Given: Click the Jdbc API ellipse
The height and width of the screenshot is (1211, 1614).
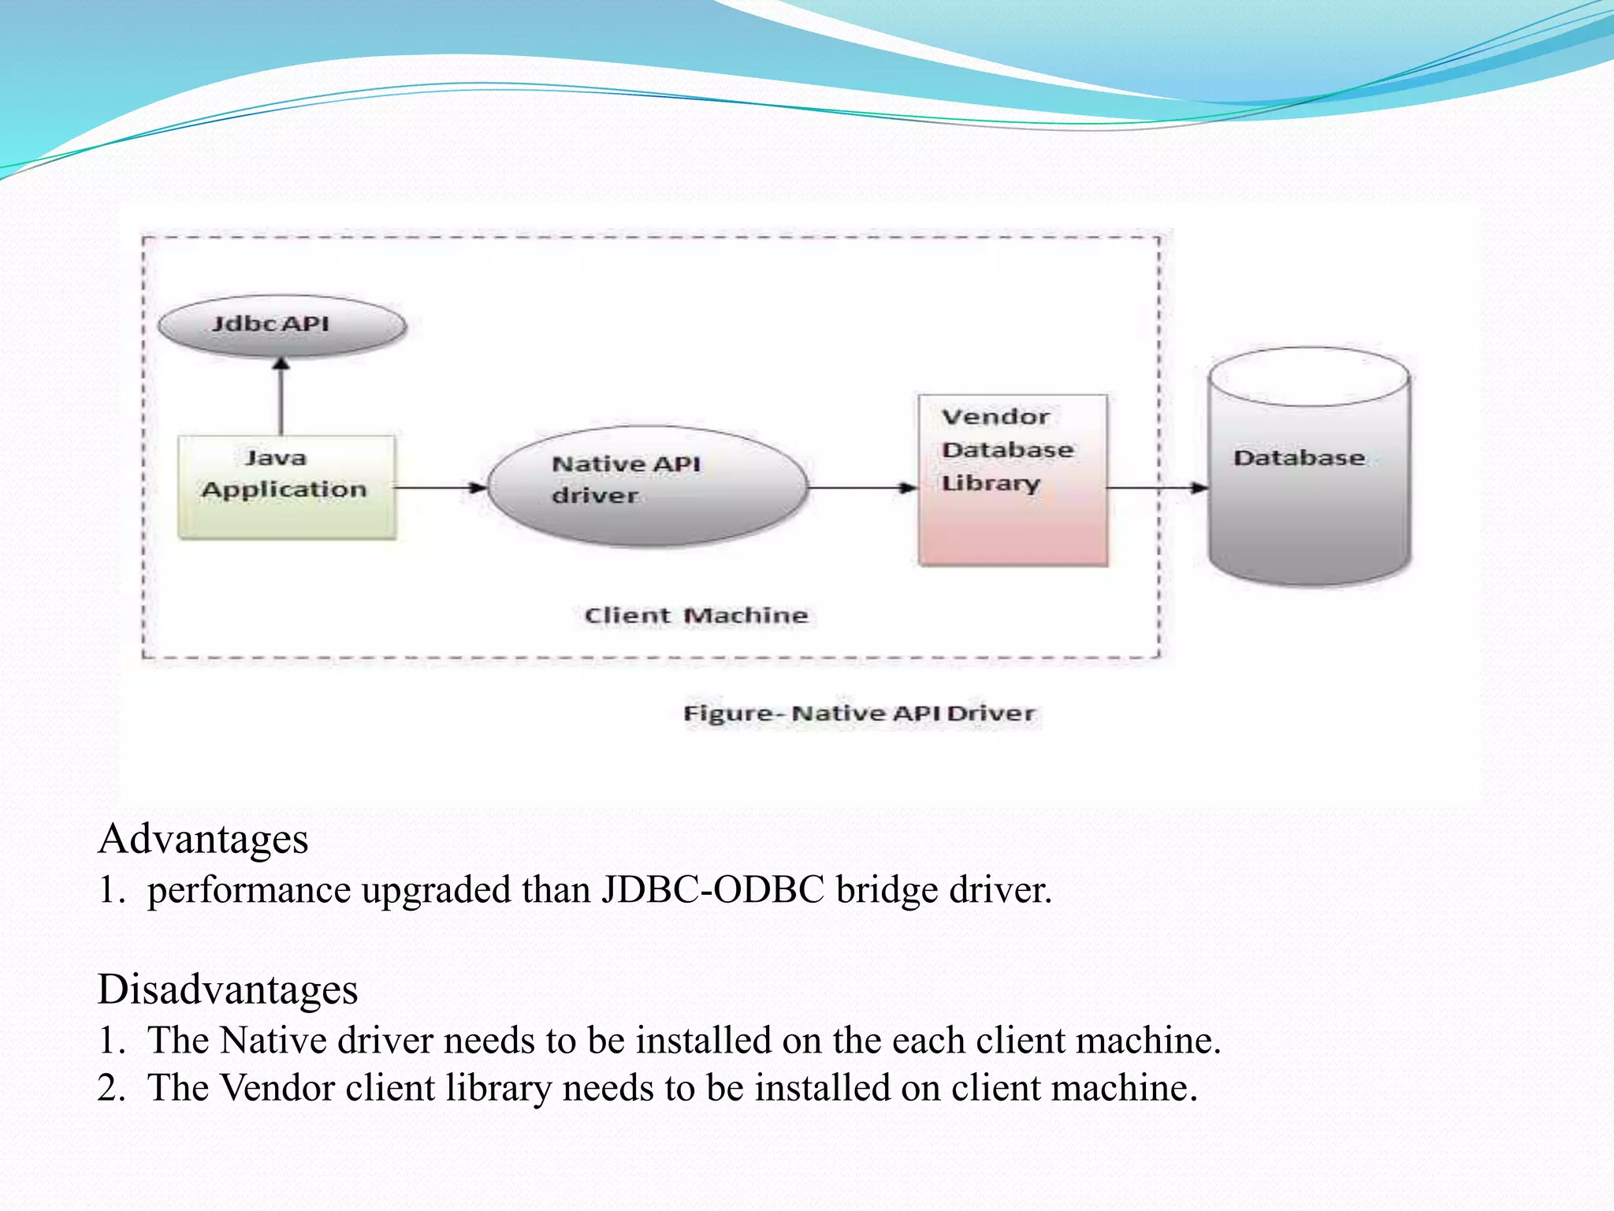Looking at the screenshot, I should click(282, 325).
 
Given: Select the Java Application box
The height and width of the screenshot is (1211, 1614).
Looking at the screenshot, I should click(286, 487).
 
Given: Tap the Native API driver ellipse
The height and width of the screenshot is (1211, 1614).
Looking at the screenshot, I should click(648, 486).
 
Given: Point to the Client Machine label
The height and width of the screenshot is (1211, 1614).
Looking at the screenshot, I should click(696, 615).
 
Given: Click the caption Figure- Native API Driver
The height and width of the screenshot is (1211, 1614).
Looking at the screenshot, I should click(858, 714).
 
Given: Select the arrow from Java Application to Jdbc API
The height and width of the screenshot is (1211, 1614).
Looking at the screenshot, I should click(281, 398).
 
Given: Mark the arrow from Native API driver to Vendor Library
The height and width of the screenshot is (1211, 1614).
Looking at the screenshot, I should click(863, 487).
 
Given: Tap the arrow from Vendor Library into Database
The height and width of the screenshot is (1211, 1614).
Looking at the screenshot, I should click(1157, 487).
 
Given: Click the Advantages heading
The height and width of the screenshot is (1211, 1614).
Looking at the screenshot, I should click(203, 839).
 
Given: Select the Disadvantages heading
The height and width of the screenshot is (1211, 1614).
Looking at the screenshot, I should click(228, 989).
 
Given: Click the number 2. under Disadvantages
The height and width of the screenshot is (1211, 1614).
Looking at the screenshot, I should click(111, 1088).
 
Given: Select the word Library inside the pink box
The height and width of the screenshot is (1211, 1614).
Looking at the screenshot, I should click(991, 483).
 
